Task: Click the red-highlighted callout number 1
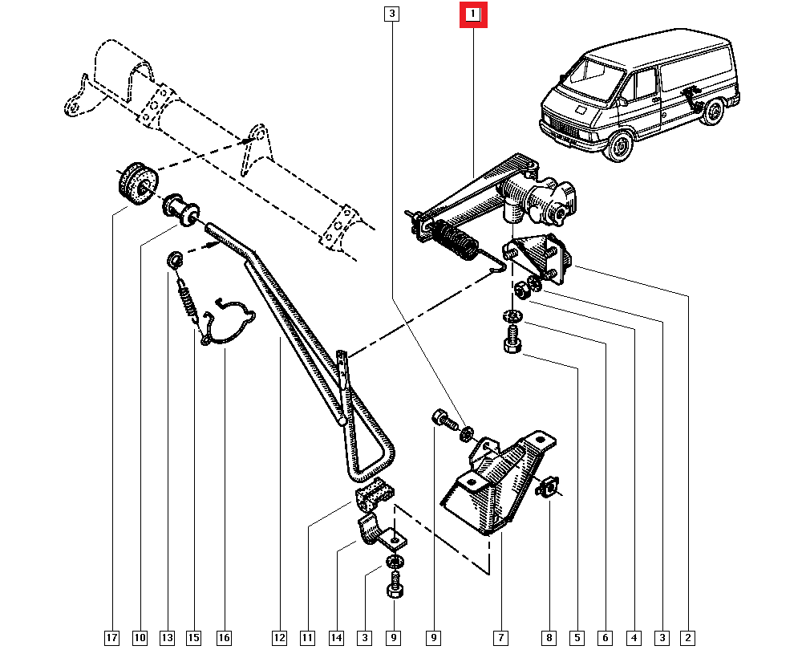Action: tap(473, 15)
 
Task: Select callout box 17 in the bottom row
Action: tap(111, 638)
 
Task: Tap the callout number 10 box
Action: tap(140, 638)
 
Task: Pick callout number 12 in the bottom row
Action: tap(278, 638)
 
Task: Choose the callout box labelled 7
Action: tap(500, 638)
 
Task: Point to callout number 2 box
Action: tap(687, 638)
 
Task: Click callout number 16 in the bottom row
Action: tap(224, 638)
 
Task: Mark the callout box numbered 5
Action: tap(577, 638)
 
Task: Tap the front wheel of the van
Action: tap(617, 148)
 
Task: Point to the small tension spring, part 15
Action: tap(188, 303)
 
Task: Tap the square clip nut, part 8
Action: tap(550, 485)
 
